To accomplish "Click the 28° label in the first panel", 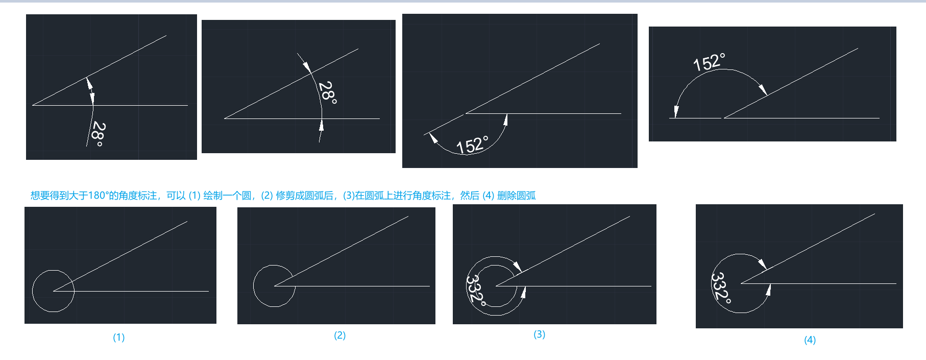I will point(98,134).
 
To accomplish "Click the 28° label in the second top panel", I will point(327,93).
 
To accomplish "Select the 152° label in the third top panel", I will point(472,145).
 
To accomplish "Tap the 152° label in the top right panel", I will point(709,62).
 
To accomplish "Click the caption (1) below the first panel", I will point(118,337).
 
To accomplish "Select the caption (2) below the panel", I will point(339,335).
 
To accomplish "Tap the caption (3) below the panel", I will point(539,334).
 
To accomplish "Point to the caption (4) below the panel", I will point(810,340).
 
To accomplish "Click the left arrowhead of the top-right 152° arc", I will point(676,112).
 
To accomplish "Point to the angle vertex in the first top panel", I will point(33,105).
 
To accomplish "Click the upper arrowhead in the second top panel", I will point(306,66).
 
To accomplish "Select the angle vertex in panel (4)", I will point(742,283).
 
